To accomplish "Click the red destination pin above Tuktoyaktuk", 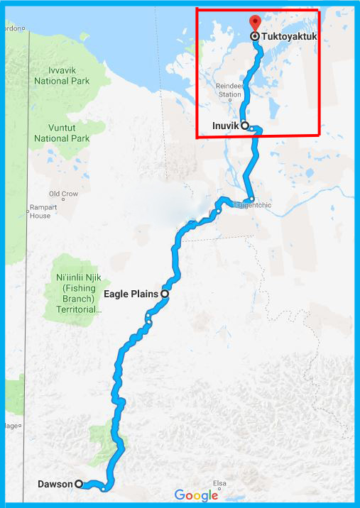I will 256,21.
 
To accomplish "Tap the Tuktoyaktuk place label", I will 289,35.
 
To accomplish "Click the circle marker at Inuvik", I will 245,126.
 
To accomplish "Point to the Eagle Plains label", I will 131,293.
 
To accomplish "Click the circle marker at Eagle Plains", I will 164,293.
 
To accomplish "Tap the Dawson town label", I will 55,484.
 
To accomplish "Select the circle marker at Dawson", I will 79,484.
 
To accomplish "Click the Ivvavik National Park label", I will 62,76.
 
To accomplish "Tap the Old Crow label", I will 62,193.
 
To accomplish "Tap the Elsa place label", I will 221,483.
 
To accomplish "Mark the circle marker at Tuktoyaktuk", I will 255,35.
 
